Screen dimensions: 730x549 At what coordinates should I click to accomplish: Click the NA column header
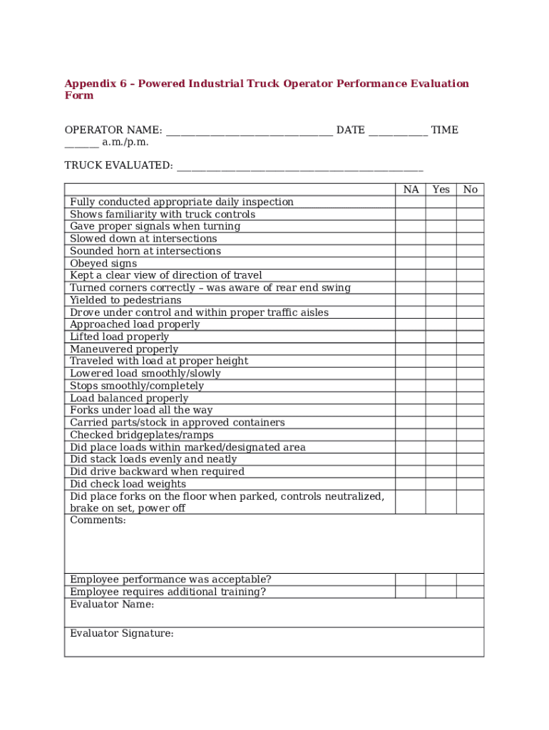(x=411, y=190)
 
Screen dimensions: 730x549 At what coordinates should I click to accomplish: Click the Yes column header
(x=441, y=190)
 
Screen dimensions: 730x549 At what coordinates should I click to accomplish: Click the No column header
(x=470, y=190)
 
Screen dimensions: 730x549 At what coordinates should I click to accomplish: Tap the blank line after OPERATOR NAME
(x=249, y=131)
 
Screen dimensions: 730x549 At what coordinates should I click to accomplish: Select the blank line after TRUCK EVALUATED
(x=299, y=167)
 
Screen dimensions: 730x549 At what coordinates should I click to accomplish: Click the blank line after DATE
(x=398, y=131)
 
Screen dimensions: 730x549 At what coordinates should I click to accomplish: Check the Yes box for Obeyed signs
(x=441, y=263)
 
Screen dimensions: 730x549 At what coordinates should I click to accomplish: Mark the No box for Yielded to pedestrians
(x=470, y=300)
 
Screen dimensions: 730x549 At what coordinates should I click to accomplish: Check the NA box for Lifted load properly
(x=411, y=337)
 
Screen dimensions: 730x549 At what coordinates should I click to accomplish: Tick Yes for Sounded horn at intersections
(x=441, y=251)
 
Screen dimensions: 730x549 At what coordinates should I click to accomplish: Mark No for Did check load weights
(x=470, y=484)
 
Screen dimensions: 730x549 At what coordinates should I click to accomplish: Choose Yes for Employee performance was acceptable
(x=441, y=580)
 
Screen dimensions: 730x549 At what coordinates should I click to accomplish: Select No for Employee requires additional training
(x=470, y=592)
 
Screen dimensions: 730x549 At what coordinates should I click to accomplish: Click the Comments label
(x=98, y=520)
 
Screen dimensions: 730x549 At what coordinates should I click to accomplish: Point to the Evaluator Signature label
(x=121, y=634)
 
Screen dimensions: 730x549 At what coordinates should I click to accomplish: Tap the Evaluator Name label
(x=111, y=605)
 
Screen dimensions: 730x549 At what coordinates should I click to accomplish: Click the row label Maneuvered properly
(x=124, y=349)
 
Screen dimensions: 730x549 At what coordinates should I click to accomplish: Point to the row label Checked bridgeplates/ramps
(x=141, y=435)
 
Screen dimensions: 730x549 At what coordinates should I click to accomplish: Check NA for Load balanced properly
(x=411, y=399)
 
